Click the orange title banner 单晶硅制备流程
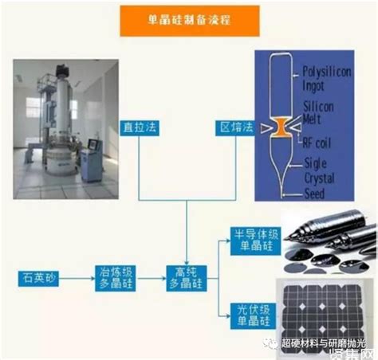188,21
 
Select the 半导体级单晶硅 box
253,240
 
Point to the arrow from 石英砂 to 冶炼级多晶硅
79,280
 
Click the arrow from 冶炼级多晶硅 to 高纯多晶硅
152,280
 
